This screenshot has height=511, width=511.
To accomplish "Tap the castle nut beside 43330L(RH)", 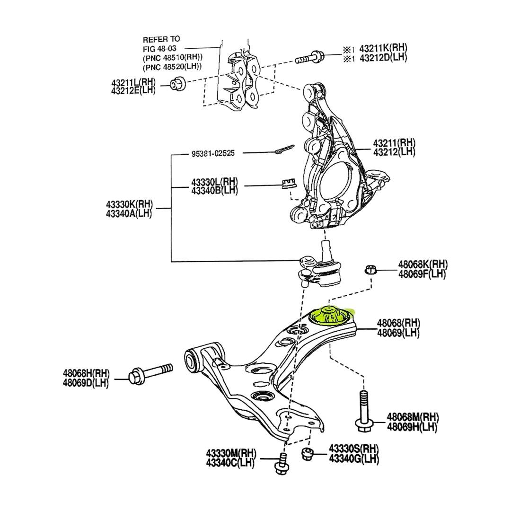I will pos(288,182).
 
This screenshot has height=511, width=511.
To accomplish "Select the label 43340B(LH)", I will pos(214,190).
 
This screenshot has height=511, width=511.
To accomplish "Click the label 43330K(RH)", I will pos(129,204).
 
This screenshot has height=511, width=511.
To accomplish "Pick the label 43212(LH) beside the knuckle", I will pos(394,152).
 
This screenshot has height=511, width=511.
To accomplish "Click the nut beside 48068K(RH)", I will pos(370,270).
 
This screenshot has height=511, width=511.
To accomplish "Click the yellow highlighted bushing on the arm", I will pos(331,316).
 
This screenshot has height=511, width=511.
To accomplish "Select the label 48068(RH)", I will pos(398,324).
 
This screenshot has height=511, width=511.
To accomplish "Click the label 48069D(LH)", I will pos(85,383).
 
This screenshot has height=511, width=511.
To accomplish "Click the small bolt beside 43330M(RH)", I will pos(282,463).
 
